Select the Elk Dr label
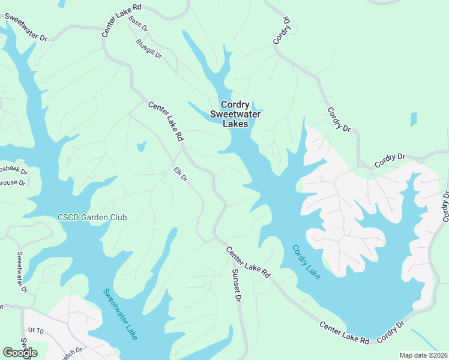pyautogui.click(x=181, y=174)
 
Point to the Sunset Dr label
pyautogui.click(x=237, y=285)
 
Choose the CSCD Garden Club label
pyautogui.click(x=92, y=217)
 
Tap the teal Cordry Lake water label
pyautogui.click(x=306, y=261)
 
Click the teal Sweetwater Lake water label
pyautogui.click(x=120, y=314)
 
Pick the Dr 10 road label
pyautogui.click(x=37, y=331)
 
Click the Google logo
pyautogui.click(x=20, y=353)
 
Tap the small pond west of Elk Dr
pyautogui.click(x=142, y=146)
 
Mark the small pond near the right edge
pyautogui.click(x=413, y=119)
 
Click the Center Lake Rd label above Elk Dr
pyautogui.click(x=166, y=121)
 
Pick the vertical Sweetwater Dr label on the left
pyautogui.click(x=22, y=271)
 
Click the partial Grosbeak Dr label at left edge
pyautogui.click(x=12, y=170)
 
